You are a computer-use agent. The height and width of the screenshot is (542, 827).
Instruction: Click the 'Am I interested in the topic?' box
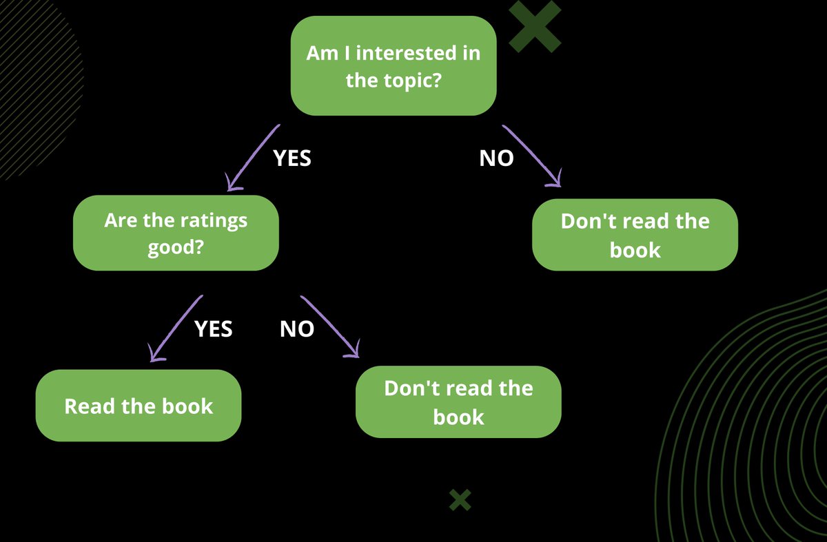(x=393, y=65)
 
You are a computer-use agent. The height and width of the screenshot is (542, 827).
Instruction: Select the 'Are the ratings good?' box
(x=176, y=233)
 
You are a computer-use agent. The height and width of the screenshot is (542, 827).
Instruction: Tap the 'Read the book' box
(x=139, y=406)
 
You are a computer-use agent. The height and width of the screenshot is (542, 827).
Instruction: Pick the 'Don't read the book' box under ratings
(x=458, y=402)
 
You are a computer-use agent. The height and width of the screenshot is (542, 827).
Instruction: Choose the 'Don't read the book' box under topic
(x=635, y=235)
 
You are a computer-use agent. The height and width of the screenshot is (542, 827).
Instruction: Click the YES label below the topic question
(x=292, y=158)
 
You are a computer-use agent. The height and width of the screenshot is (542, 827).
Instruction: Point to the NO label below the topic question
(x=496, y=158)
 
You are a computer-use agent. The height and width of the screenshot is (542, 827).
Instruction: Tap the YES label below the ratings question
(x=214, y=329)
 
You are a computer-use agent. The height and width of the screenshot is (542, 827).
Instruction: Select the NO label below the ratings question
(x=297, y=329)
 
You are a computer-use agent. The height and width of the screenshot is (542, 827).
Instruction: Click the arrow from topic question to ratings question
(x=253, y=157)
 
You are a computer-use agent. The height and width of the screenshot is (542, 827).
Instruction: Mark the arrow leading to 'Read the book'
(x=176, y=328)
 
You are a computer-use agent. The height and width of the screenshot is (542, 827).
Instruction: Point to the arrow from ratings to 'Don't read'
(x=331, y=327)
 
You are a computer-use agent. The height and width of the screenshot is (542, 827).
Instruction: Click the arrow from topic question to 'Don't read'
(x=531, y=156)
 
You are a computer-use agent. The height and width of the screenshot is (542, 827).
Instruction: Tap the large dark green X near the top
(x=535, y=26)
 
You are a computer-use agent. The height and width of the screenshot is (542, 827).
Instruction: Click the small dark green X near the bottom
(x=460, y=500)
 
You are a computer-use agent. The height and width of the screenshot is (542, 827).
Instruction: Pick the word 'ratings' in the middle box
(x=214, y=221)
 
